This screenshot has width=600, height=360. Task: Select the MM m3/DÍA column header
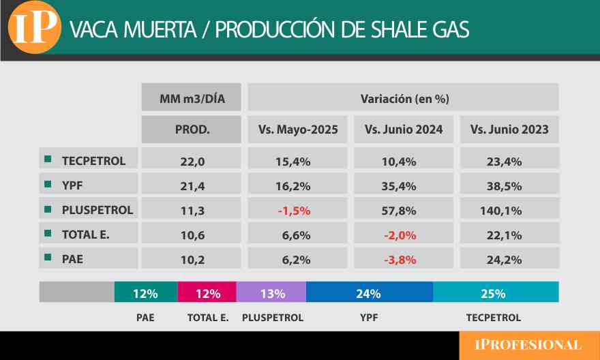pyautogui.click(x=192, y=98)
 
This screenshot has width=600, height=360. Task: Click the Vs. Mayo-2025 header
pyautogui.click(x=298, y=130)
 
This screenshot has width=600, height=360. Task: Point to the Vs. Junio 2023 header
pyautogui.click(x=509, y=130)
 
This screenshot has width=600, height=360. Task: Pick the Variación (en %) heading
pyautogui.click(x=404, y=98)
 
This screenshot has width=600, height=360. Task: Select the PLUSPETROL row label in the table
pyautogui.click(x=97, y=209)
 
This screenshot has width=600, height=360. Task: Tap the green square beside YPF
pyautogui.click(x=48, y=185)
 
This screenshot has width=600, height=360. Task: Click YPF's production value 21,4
pyautogui.click(x=192, y=185)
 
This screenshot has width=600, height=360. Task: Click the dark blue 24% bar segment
pyautogui.click(x=369, y=294)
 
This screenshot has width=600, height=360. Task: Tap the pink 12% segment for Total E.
pyautogui.click(x=207, y=294)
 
